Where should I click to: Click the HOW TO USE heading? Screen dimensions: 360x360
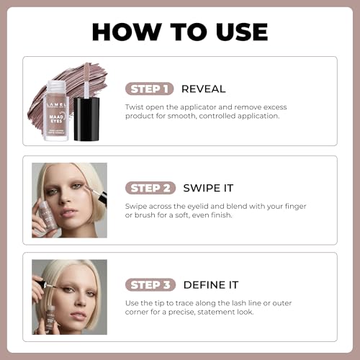click(180, 31)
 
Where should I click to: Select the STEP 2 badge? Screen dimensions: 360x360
click(150, 188)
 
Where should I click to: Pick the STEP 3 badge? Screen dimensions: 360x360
click(150, 284)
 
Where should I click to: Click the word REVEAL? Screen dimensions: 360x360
click(203, 89)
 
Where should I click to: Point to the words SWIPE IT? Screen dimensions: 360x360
click(209, 188)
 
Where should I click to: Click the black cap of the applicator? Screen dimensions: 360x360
click(86, 119)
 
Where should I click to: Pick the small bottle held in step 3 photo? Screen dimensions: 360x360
click(50, 318)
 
